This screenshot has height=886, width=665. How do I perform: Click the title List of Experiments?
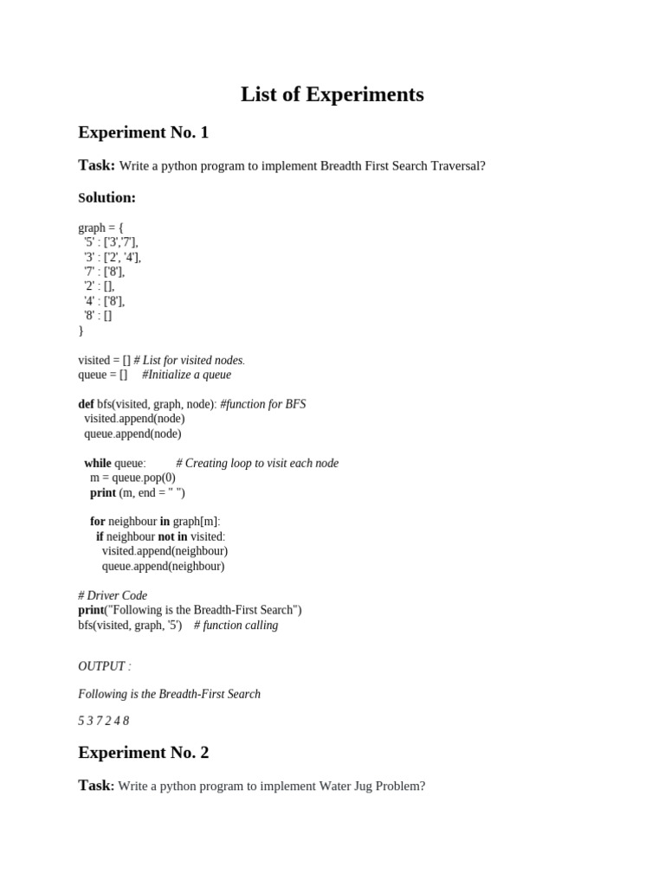[332, 94]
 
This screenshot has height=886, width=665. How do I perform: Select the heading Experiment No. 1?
[143, 132]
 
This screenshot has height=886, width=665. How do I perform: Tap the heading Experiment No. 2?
[143, 753]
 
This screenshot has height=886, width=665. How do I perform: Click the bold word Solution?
[107, 197]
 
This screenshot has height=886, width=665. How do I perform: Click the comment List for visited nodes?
[192, 360]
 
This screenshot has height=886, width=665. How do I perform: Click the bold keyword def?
[86, 404]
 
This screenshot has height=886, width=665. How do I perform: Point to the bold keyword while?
[98, 463]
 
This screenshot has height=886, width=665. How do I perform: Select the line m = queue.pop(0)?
[132, 478]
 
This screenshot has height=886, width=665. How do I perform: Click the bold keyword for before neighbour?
[97, 522]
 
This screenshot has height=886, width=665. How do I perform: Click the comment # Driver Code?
[113, 595]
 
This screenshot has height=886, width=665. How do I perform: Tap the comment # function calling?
[236, 625]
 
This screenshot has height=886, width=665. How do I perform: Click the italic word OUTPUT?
[101, 666]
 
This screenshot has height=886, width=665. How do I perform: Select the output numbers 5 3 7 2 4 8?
[103, 721]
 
